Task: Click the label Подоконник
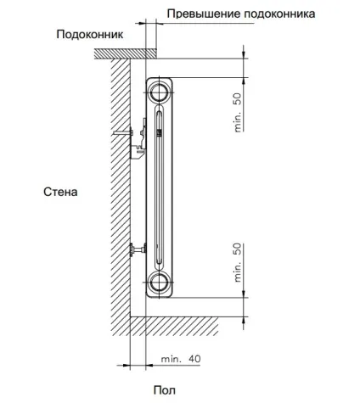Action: pos(90,35)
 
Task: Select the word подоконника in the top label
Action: pos(279,14)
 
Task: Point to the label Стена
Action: pos(60,192)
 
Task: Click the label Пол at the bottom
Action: pos(165,390)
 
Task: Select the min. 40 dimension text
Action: pos(181,359)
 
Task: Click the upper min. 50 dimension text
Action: pos(239,113)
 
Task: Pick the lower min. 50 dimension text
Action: pos(239,262)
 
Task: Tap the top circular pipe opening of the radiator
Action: pos(159,92)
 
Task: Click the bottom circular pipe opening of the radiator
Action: pos(159,283)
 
